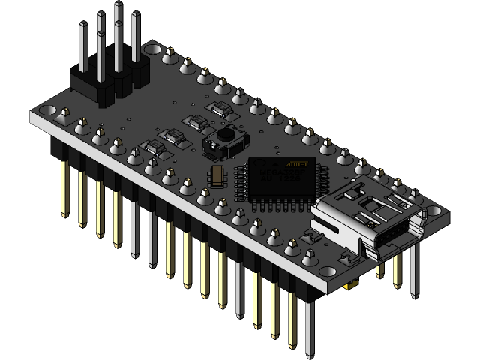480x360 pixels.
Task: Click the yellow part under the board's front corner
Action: [349, 286]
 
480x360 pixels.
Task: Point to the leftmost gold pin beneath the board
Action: [64, 187]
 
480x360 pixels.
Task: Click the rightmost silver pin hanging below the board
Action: [414, 270]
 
